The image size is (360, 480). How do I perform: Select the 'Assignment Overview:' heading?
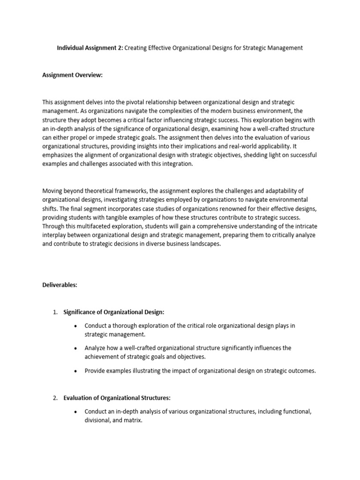pos(72,75)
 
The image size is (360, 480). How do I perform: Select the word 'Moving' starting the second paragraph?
pos(52,191)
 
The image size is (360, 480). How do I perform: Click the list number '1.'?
pos(55,313)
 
